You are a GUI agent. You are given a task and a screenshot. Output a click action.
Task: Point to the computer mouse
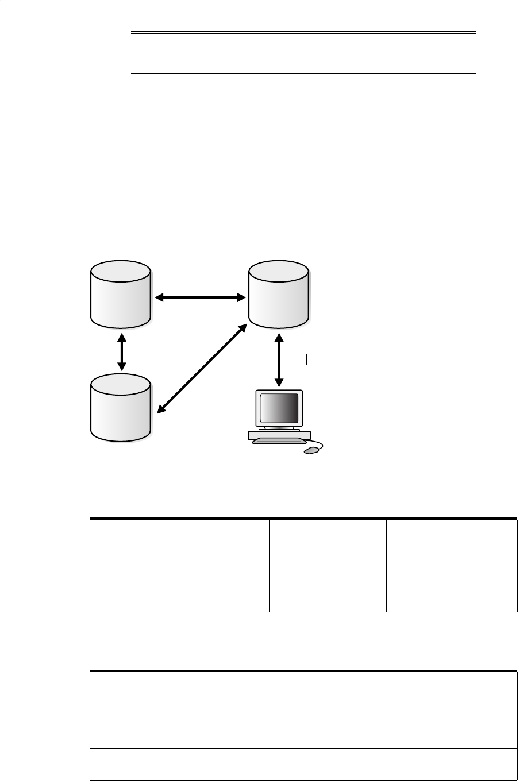coord(311,450)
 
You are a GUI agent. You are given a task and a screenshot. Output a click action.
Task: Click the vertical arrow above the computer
coord(279,357)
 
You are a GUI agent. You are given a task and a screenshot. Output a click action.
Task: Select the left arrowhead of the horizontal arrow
coord(160,297)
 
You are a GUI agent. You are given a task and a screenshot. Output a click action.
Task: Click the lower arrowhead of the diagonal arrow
coord(161,409)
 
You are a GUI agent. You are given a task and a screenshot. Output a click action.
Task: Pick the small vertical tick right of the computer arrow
coord(307,360)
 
